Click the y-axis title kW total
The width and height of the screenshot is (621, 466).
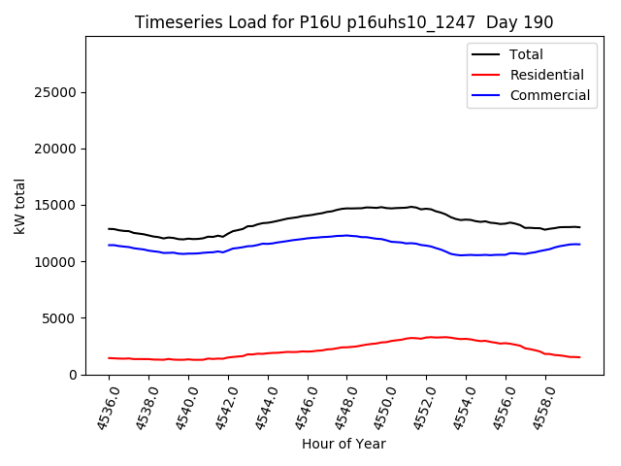click(x=20, y=205)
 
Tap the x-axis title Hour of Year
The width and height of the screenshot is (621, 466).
click(x=343, y=444)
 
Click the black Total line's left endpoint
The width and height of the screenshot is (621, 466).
click(x=109, y=229)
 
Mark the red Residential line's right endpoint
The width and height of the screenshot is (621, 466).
click(x=579, y=357)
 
